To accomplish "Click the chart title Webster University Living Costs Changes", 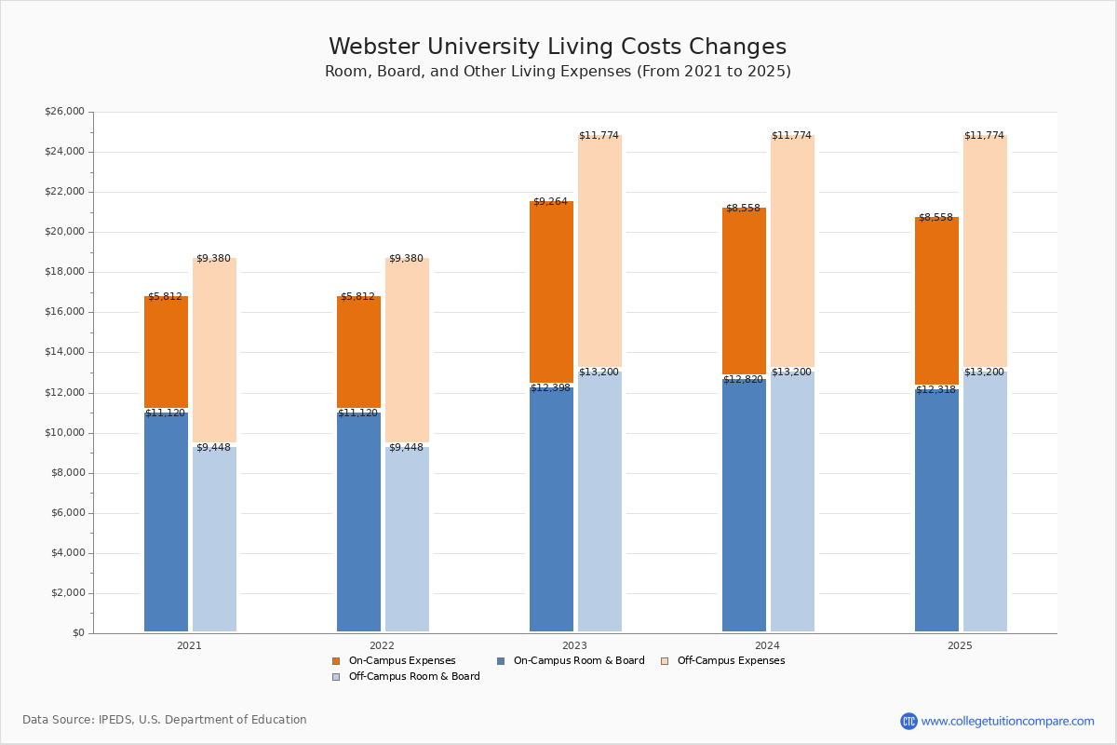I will [558, 47].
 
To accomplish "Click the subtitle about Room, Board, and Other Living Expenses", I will [558, 72].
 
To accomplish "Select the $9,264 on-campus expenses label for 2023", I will [550, 202].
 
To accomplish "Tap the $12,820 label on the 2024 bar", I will [743, 380].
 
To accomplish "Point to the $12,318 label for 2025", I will [935, 390].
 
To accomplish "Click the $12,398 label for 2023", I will [550, 388].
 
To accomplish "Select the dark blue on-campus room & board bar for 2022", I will [358, 521].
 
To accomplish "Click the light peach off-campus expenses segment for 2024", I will [792, 251].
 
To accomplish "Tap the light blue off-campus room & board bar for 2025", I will [985, 503].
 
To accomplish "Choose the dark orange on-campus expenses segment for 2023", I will [551, 293].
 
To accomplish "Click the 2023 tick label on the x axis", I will [574, 645].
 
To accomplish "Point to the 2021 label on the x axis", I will [189, 645].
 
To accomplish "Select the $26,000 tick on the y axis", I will [64, 112].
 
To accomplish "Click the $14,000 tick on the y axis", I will [64, 352].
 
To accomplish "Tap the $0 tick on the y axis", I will [77, 633].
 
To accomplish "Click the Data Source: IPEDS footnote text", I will [165, 720].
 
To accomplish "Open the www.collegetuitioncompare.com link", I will [1007, 721].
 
